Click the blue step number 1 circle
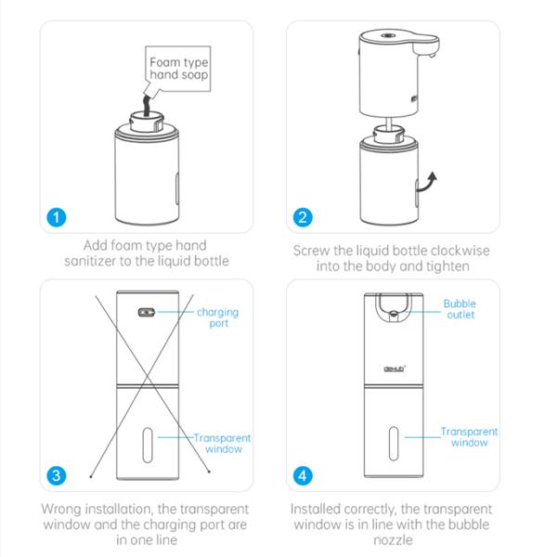click(57, 217)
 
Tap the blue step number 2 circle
click(303, 217)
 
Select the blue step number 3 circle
click(57, 475)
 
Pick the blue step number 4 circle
click(303, 475)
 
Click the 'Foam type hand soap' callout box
click(178, 69)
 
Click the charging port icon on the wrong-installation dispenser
click(147, 312)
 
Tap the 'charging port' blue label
click(218, 317)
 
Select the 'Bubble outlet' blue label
click(460, 309)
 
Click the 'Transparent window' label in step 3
click(223, 444)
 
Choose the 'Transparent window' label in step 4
click(469, 437)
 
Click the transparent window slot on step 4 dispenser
click(394, 444)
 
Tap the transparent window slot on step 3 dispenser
click(148, 445)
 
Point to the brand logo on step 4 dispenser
click(395, 369)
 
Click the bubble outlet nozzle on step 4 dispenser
click(394, 314)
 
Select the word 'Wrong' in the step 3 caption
click(61, 509)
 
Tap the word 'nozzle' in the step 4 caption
click(393, 540)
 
